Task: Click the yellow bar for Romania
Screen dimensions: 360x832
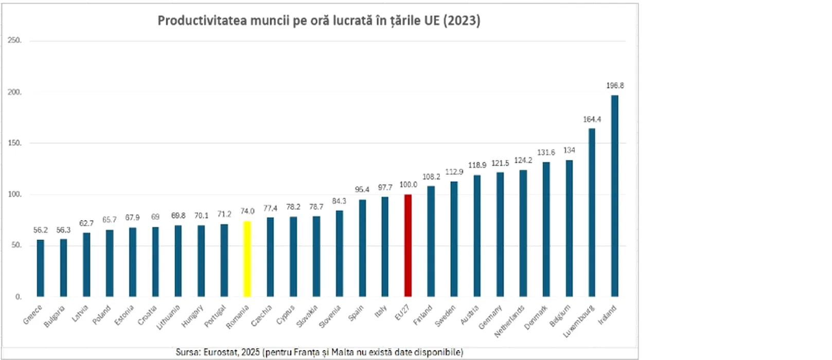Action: point(247,259)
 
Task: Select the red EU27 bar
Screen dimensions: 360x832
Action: point(408,246)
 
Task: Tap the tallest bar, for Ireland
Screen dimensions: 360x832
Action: point(614,196)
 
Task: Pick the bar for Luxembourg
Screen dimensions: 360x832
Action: point(592,212)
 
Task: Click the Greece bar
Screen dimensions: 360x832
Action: point(40,268)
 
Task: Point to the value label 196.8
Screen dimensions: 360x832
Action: point(615,86)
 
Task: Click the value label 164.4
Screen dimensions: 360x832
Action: point(592,119)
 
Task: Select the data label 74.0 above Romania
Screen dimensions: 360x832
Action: point(247,211)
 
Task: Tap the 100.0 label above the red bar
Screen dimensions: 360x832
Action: point(408,185)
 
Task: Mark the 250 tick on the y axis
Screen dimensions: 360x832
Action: point(14,40)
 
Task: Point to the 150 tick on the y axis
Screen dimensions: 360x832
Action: point(14,143)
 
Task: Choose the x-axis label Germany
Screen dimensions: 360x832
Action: point(490,317)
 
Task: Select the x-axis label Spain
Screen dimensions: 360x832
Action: point(356,313)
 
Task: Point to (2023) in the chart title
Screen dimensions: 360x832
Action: point(462,21)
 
